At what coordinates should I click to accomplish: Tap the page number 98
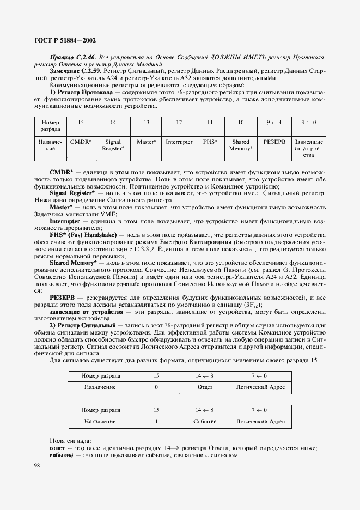tap(38, 465)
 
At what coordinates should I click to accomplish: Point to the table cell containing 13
tap(147, 123)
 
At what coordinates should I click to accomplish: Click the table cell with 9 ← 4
tap(273, 123)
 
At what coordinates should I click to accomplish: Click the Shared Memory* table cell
tap(240, 144)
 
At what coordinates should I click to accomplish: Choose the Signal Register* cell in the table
tap(113, 144)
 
